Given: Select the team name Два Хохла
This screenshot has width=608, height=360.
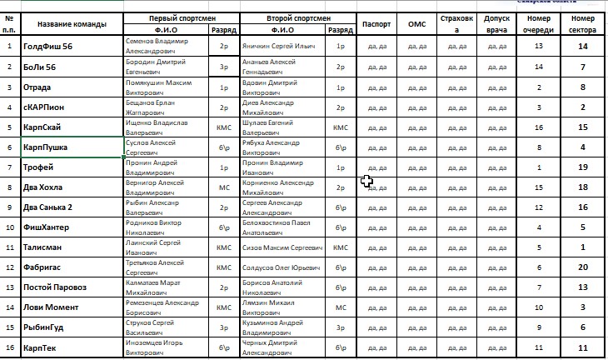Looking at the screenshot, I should [46, 187].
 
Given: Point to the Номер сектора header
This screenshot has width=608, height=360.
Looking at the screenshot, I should [584, 23].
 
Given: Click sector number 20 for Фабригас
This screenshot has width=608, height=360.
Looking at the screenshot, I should [584, 267].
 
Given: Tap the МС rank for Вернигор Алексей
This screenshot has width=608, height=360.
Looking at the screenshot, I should [224, 187].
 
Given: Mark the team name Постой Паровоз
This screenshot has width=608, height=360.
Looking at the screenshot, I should [55, 287].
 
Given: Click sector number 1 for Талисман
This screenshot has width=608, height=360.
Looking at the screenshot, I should [584, 247].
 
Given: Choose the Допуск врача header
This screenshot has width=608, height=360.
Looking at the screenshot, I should [498, 23].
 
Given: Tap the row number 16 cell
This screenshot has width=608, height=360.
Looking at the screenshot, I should [9, 347].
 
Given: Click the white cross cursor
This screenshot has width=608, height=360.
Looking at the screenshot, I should [366, 181].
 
